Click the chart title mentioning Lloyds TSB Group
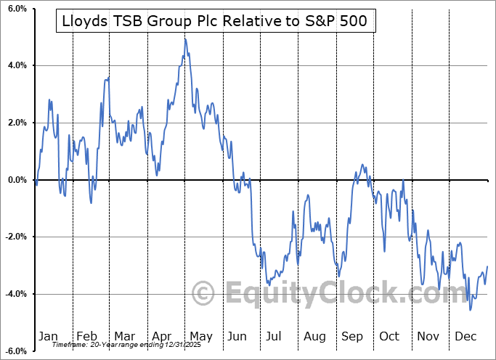[216, 23]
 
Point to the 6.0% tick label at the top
[15, 9]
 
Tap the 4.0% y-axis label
[15, 66]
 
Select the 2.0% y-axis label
[15, 123]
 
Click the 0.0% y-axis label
[15, 180]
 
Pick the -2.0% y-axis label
[14, 237]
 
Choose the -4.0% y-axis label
[14, 294]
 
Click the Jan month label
[47, 336]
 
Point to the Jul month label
[275, 336]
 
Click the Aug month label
[314, 336]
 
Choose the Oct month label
[389, 336]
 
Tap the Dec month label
[465, 336]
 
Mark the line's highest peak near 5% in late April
[185, 38]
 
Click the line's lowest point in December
[471, 310]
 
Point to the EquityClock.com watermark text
[319, 293]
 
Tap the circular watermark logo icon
[203, 293]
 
